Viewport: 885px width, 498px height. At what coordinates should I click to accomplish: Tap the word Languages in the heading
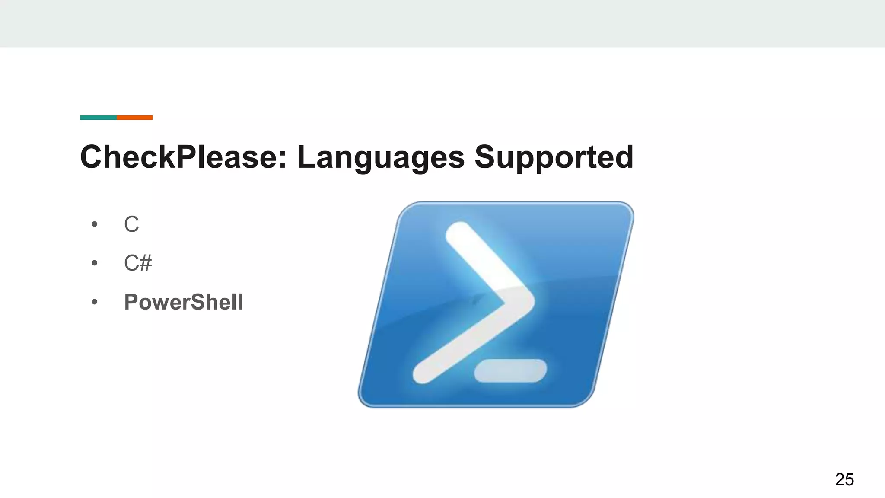pos(381,157)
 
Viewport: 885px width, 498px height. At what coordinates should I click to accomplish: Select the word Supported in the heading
pos(554,157)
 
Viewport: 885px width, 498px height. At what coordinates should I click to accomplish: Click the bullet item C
pos(131,224)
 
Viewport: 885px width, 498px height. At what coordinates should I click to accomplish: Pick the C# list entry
pos(138,263)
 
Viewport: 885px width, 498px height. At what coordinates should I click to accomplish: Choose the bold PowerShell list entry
pos(183,302)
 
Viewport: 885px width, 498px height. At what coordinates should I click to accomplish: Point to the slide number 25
pos(844,479)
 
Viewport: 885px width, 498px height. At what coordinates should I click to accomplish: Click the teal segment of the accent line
pos(99,118)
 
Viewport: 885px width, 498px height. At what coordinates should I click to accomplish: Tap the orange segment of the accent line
pos(134,118)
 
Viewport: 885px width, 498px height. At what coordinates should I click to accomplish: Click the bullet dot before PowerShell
pos(95,302)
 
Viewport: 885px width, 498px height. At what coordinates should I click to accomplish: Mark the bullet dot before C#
pos(95,263)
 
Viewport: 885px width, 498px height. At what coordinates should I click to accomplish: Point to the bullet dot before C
pos(95,224)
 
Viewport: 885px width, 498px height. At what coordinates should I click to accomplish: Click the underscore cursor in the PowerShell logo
pos(510,371)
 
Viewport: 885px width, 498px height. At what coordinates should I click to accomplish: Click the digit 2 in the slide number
pos(839,479)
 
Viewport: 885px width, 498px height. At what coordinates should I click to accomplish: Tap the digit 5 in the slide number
pos(849,479)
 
